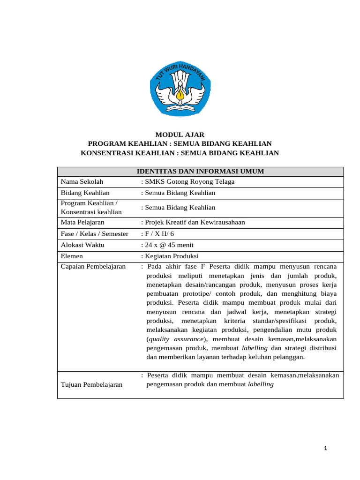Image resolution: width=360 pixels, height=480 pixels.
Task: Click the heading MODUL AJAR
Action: pos(180,135)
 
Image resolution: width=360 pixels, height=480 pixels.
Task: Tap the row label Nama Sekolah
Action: pos(82,182)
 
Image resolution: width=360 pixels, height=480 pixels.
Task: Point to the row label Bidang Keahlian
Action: pos(85,193)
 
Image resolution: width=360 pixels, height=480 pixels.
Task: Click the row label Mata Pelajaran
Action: pos(82,222)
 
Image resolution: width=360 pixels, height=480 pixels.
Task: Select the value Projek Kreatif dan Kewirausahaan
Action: pos(195,222)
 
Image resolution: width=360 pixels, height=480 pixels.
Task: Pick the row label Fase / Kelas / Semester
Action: pos(94,233)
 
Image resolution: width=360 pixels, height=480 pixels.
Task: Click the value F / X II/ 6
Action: pos(159,233)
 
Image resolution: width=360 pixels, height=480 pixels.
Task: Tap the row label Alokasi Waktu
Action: pos(82,245)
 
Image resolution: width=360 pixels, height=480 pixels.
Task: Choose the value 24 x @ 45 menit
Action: pos(169,245)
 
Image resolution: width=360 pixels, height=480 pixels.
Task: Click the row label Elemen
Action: pos(72,256)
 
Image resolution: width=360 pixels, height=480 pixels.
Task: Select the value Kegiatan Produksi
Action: pos(172,256)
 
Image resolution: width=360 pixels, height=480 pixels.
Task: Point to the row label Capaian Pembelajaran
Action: pos(93,266)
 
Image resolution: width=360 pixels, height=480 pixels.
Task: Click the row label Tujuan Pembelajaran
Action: pos(91,385)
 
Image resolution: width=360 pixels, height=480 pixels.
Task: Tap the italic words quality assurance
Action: pos(176,339)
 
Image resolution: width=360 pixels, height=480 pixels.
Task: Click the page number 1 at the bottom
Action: pos(325,449)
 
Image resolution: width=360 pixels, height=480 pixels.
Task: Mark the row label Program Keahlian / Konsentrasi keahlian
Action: pos(91,207)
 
